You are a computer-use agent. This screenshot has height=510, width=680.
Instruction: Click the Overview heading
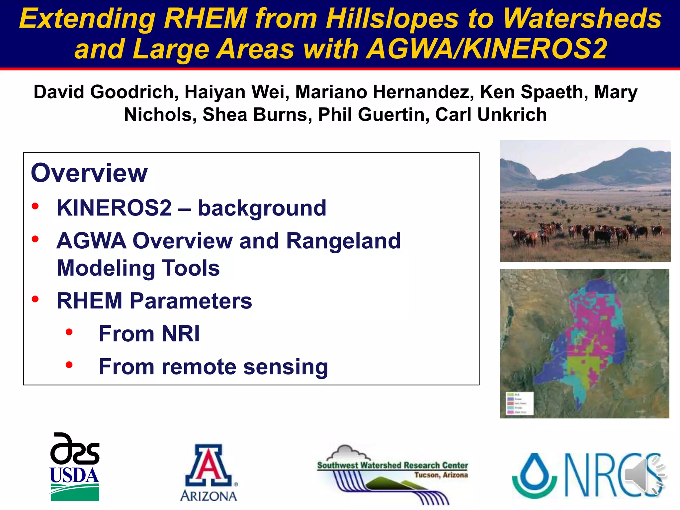pos(89,173)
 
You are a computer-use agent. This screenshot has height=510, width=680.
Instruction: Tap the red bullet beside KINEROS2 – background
pos(35,206)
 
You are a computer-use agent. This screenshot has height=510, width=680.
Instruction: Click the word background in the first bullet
pos(262,208)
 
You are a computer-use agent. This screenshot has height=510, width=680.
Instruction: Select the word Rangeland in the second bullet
pos(343,241)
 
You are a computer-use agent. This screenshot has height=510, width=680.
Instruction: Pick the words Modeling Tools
pos(138,268)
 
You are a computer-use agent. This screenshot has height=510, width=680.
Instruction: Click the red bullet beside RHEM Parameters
pos(35,299)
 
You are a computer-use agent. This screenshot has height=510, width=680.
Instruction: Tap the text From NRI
pos(149,334)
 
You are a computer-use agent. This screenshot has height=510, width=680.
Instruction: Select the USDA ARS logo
pos(75,467)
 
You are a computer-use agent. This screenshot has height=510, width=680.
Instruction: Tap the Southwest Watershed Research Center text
pos(392,465)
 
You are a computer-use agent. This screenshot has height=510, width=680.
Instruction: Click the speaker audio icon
pos(642,475)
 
